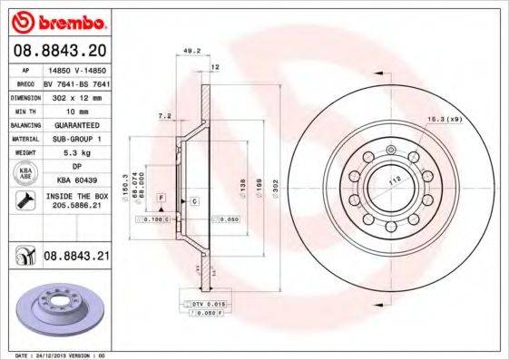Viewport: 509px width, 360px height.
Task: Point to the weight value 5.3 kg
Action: (x=76, y=153)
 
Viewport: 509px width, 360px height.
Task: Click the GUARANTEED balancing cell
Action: (x=76, y=123)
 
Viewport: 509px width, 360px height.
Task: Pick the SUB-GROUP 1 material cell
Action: (x=76, y=139)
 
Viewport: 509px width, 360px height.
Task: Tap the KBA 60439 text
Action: (x=77, y=180)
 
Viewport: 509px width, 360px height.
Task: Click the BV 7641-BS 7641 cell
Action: (x=76, y=82)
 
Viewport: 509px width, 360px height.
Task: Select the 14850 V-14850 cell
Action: (x=76, y=69)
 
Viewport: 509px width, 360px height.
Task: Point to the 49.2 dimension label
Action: (x=191, y=51)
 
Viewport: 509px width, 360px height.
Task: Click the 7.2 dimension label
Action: (x=163, y=117)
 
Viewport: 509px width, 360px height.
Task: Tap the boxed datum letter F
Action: (x=161, y=197)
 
